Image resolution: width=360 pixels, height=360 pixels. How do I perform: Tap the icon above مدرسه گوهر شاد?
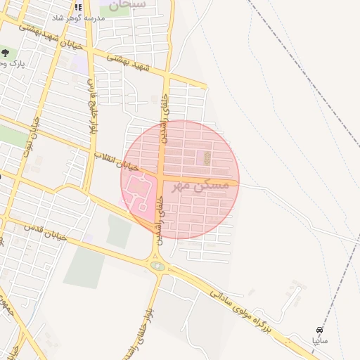point(78,6)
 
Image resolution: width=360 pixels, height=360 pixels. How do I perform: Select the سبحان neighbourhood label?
point(128,4)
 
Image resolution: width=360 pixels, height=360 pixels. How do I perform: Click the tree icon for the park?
point(5,53)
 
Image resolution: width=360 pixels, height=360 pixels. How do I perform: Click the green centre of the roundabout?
point(157,266)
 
